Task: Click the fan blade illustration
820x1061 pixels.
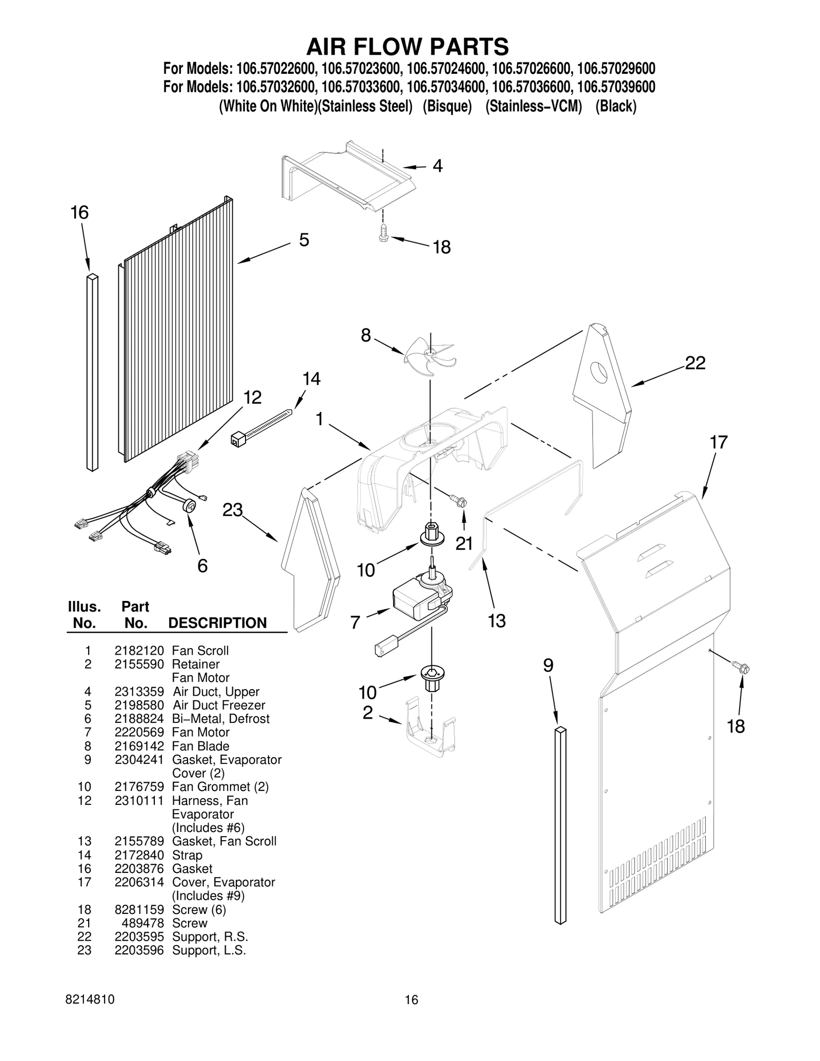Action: (429, 355)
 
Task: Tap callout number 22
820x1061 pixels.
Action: (695, 363)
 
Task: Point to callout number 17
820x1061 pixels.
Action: (718, 442)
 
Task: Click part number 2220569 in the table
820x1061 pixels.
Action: (139, 732)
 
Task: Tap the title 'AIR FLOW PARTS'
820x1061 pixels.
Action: (407, 47)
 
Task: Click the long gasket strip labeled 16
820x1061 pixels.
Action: (92, 372)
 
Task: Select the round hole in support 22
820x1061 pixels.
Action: (598, 371)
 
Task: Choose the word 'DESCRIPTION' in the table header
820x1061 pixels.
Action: (217, 623)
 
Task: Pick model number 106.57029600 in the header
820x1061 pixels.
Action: (616, 69)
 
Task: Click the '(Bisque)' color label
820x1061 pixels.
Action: (447, 107)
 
